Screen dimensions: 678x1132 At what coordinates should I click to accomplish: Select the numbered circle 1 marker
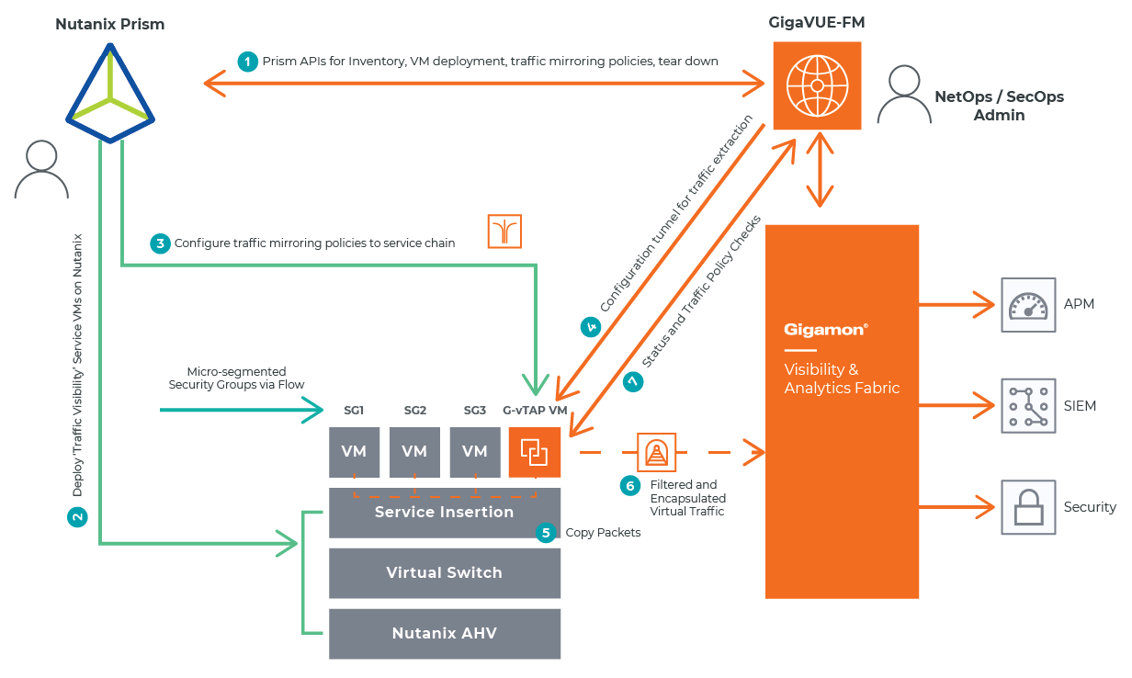[x=246, y=62]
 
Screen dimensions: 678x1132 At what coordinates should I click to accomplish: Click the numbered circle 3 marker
[x=160, y=243]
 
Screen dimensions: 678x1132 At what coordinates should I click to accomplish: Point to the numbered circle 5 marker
[x=546, y=533]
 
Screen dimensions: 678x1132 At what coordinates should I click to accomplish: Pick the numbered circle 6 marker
[x=630, y=486]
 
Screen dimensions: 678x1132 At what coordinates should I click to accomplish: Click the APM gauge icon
[x=1028, y=305]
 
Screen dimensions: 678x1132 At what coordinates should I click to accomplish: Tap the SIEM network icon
[x=1028, y=406]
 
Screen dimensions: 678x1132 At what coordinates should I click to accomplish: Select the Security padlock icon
[x=1028, y=507]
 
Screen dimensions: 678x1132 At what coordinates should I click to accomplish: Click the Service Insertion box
[x=445, y=513]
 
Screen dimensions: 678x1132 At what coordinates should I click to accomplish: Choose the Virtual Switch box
[x=445, y=573]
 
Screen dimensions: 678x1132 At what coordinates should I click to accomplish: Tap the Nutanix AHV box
[x=445, y=633]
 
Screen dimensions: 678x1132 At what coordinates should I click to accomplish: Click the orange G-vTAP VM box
[x=534, y=452]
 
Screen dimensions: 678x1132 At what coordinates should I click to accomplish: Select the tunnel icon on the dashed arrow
[x=657, y=453]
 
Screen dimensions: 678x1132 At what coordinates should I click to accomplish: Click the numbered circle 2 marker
[x=79, y=517]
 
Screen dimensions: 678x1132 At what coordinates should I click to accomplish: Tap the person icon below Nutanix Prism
[x=41, y=170]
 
